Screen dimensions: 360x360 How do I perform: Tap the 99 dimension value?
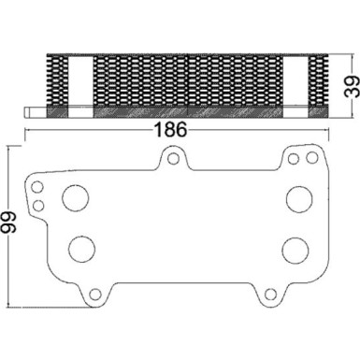tap(9, 223)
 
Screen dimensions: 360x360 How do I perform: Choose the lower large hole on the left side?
tap(82, 249)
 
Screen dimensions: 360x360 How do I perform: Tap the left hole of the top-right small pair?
tap(294, 160)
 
